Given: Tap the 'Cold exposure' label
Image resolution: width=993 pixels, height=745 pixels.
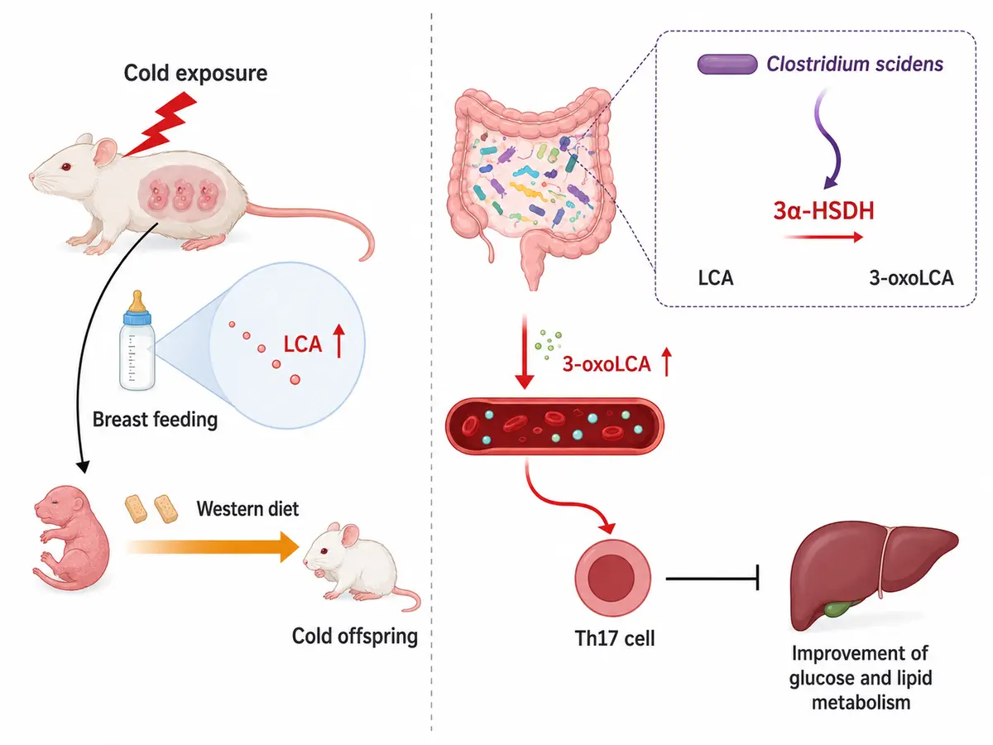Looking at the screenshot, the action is click(x=195, y=74).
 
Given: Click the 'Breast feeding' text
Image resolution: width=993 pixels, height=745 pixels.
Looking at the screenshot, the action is click(x=156, y=420).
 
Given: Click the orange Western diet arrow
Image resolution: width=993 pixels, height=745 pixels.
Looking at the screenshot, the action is click(x=213, y=547).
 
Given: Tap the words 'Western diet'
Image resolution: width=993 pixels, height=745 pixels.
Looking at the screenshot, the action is click(x=247, y=509).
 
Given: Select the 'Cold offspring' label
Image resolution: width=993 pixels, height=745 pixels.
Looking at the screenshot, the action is click(x=355, y=636).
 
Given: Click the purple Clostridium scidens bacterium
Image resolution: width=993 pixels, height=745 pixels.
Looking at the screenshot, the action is click(x=727, y=65).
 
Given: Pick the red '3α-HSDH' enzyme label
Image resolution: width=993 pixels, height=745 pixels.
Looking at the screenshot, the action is click(x=823, y=211).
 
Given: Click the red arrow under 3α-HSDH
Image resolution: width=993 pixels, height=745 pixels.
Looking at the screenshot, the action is click(x=823, y=237).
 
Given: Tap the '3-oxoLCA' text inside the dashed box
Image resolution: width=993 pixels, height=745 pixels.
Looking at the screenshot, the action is click(x=911, y=278).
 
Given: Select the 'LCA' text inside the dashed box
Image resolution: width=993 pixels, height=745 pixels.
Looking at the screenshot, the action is click(x=715, y=278).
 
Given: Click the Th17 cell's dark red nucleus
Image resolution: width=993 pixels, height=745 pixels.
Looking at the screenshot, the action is click(x=612, y=578).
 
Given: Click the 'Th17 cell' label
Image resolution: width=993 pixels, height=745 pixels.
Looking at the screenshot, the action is click(x=614, y=639).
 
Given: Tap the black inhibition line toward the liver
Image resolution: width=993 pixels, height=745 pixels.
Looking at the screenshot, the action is click(x=712, y=578).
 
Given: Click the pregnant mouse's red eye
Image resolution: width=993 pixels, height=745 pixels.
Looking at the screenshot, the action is click(x=66, y=167).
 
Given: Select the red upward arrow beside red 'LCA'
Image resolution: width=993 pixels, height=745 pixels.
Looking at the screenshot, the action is click(x=338, y=342).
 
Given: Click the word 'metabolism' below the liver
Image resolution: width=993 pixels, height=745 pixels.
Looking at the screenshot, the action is click(x=861, y=703).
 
